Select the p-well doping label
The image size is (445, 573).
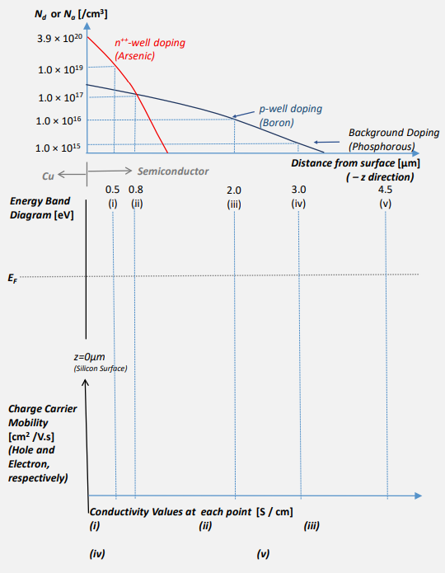[x=290, y=108]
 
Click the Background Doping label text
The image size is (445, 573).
[x=393, y=132]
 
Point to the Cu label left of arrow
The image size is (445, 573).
[x=47, y=175]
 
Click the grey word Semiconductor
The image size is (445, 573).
[x=173, y=171]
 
